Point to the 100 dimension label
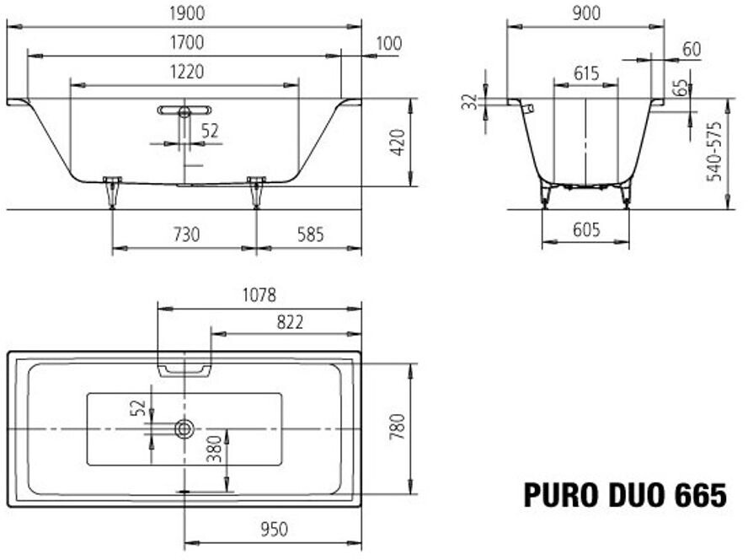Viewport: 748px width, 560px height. coord(388,43)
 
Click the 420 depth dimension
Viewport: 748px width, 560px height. coord(398,143)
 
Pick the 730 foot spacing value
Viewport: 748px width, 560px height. coord(185,234)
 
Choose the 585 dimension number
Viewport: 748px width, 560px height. coord(309,234)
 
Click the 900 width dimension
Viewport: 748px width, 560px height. coord(586,13)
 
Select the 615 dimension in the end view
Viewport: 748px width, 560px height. coord(586,73)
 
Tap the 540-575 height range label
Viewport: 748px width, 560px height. coord(714,152)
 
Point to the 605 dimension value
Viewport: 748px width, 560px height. coord(586,229)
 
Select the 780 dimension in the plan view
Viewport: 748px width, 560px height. coord(398,428)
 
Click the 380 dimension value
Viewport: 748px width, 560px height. coord(213,448)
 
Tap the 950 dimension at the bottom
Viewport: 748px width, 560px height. coord(273,529)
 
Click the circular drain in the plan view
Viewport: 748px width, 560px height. coord(184,429)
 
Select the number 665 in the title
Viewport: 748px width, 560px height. coord(699,495)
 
